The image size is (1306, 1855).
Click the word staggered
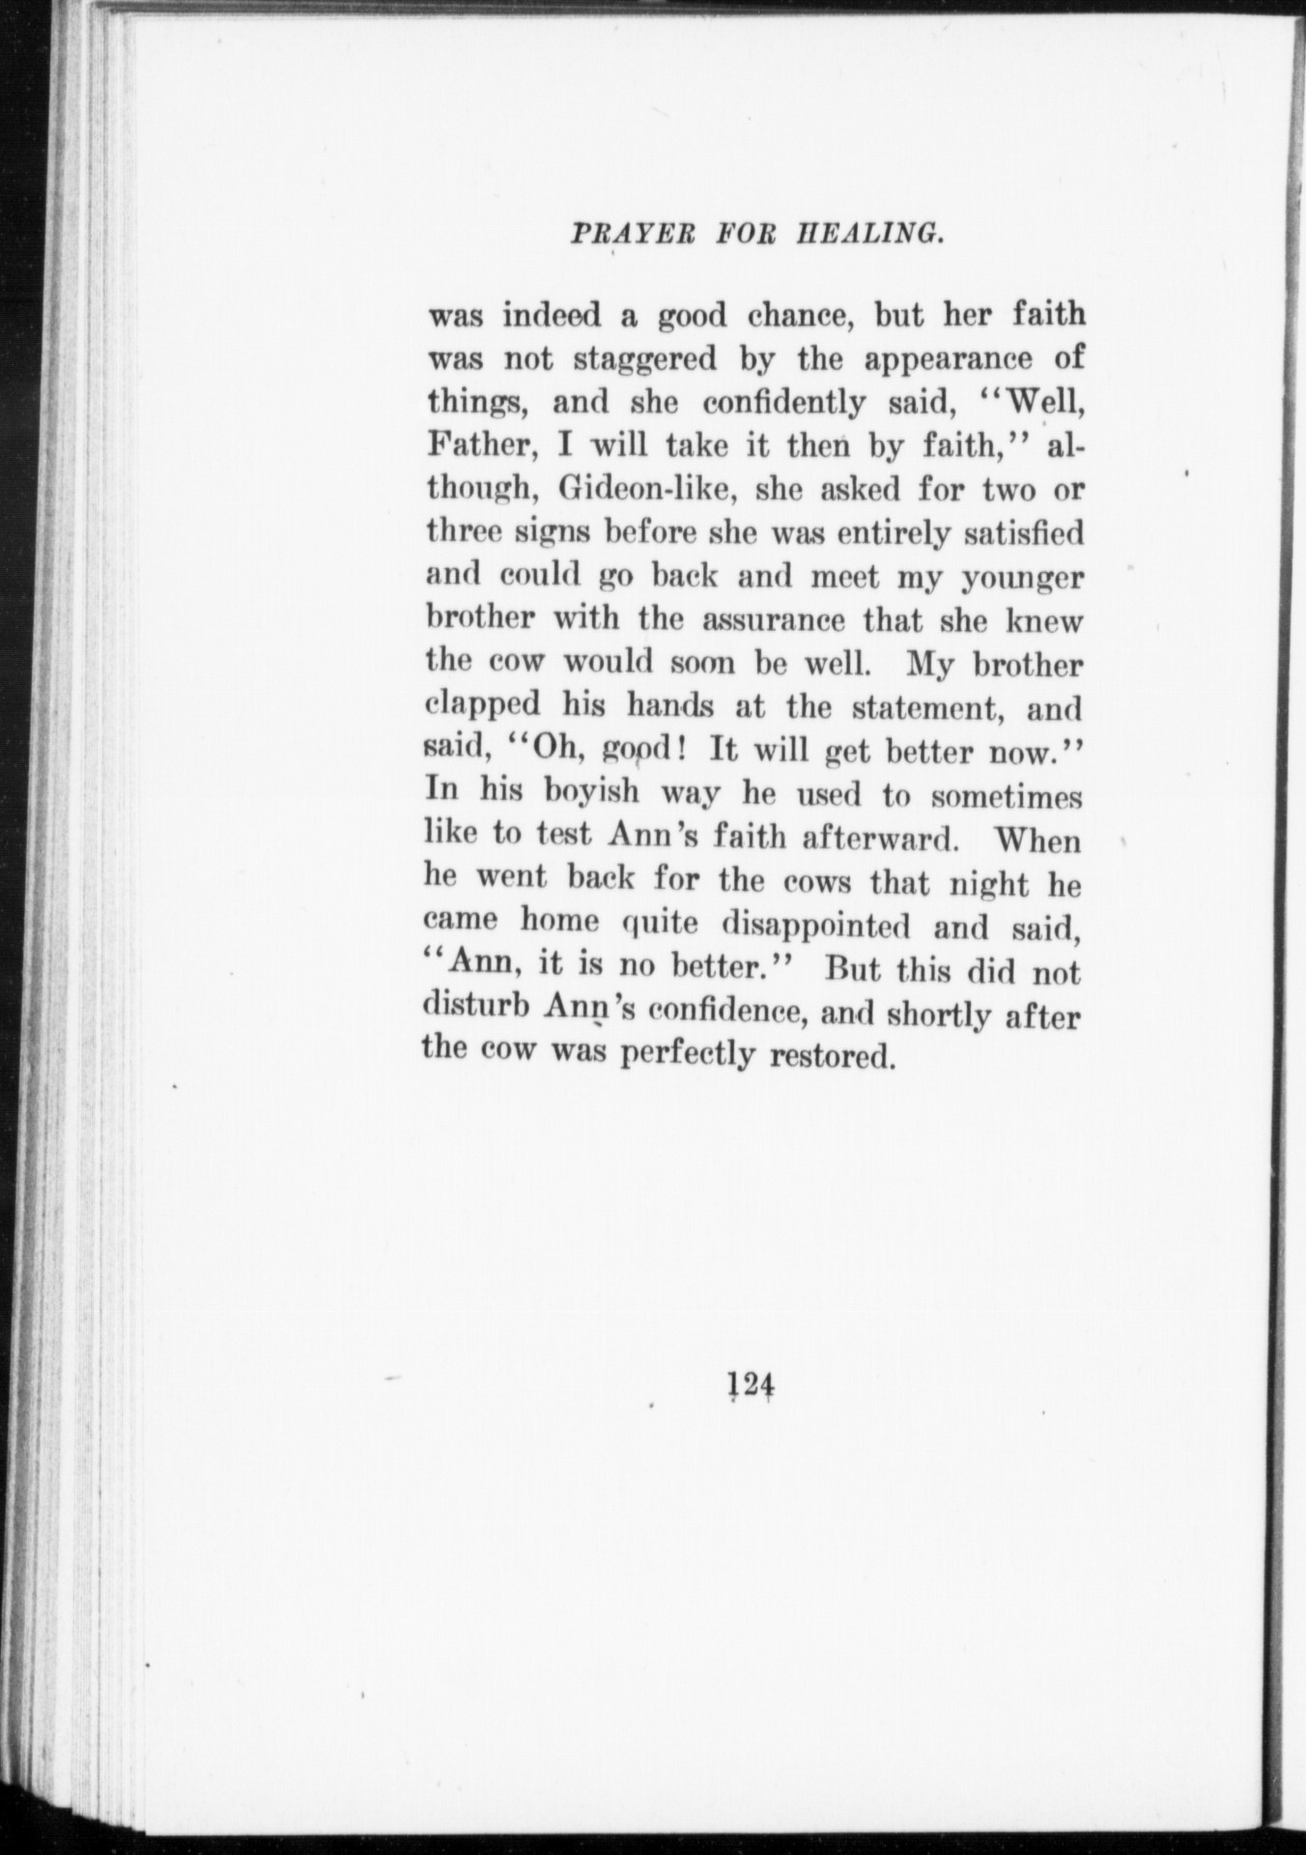coord(645,360)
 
